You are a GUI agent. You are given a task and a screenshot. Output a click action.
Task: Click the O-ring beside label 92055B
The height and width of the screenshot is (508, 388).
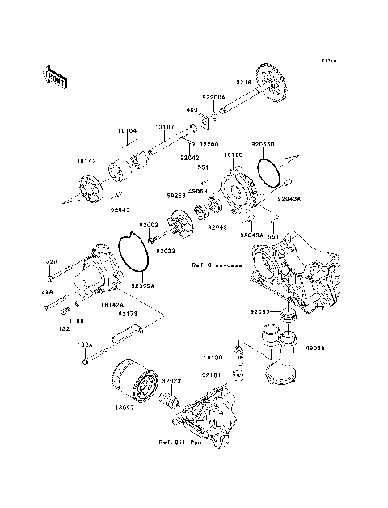pyautogui.click(x=268, y=171)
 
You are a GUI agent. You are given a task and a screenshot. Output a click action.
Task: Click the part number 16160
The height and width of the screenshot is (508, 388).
pyautogui.click(x=234, y=154)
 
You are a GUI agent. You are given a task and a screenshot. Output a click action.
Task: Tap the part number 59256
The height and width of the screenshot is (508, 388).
pyautogui.click(x=177, y=194)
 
